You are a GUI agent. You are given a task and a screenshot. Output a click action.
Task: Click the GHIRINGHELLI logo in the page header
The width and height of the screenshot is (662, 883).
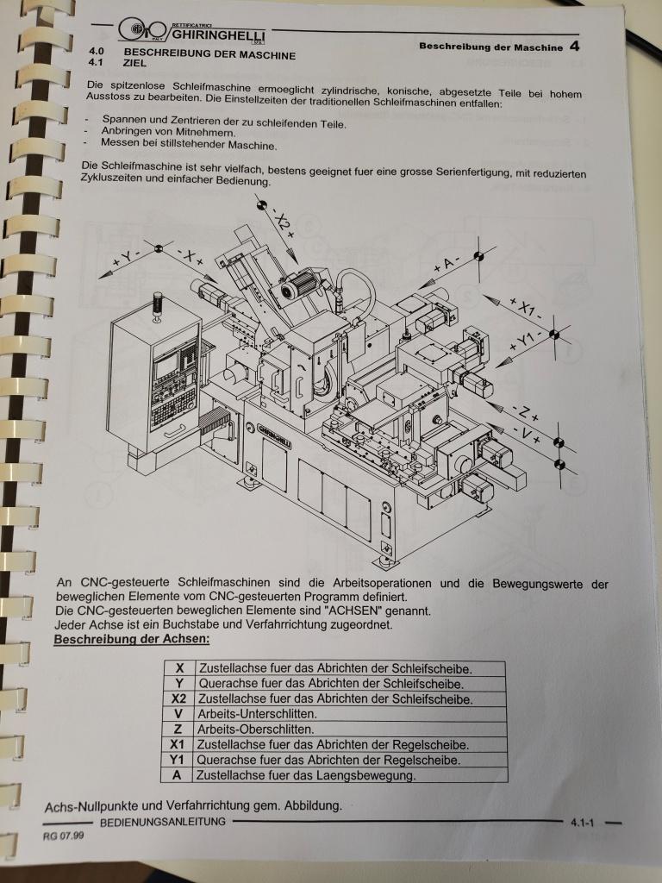point(192,31)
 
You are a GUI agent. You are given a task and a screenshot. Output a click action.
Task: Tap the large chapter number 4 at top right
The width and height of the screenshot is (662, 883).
point(574,46)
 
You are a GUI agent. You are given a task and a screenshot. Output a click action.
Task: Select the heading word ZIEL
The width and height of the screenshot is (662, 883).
point(134,62)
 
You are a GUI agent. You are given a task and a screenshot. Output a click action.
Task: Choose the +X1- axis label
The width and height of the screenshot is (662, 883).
point(526,310)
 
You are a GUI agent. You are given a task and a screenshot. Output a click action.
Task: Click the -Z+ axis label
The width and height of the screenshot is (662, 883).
point(525,413)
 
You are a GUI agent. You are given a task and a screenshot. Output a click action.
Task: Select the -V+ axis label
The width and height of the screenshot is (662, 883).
point(527,435)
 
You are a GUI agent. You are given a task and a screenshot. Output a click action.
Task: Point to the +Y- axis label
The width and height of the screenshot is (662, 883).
point(125,259)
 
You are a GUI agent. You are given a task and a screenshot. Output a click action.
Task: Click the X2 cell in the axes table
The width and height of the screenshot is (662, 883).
point(178,698)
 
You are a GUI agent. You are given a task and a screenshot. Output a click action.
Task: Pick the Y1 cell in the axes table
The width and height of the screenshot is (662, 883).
point(177,760)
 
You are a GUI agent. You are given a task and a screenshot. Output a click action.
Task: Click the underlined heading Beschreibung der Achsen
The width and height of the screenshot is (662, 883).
point(132,639)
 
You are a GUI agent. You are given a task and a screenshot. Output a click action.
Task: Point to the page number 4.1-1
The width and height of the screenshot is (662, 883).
point(582,823)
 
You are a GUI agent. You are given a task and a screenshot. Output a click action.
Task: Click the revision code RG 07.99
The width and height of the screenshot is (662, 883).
point(64,836)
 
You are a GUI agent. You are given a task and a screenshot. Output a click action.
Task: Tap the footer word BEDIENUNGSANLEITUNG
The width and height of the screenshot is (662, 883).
point(163,822)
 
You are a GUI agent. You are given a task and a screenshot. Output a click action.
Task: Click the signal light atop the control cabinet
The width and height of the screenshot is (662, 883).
point(157,306)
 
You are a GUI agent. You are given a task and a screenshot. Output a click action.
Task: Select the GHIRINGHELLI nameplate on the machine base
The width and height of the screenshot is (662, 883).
point(274,435)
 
